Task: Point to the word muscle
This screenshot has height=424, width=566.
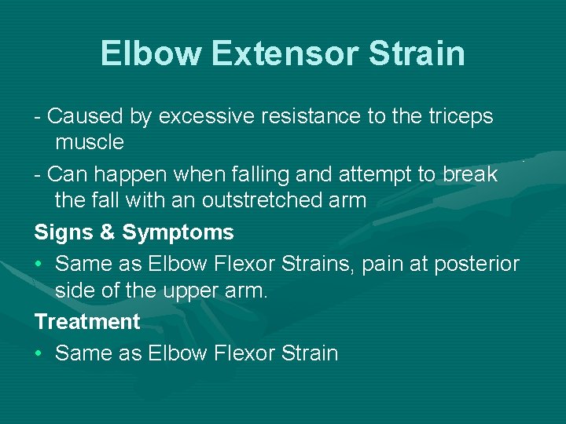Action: tap(90, 142)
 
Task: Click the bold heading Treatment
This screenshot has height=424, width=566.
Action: tap(87, 322)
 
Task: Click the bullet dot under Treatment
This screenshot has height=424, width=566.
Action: tap(39, 353)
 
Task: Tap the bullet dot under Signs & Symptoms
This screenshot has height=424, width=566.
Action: tap(39, 264)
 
